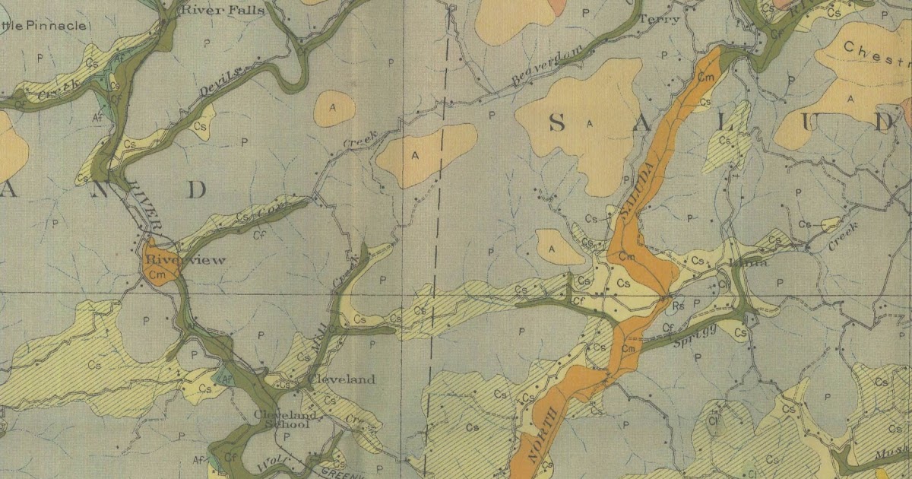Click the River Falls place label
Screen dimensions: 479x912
pyautogui.click(x=223, y=10)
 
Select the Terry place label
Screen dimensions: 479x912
pyautogui.click(x=659, y=20)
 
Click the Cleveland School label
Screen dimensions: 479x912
pyautogui.click(x=281, y=420)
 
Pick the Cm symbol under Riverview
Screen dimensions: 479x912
pyautogui.click(x=157, y=274)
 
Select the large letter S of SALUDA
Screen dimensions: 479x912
pyautogui.click(x=557, y=122)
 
